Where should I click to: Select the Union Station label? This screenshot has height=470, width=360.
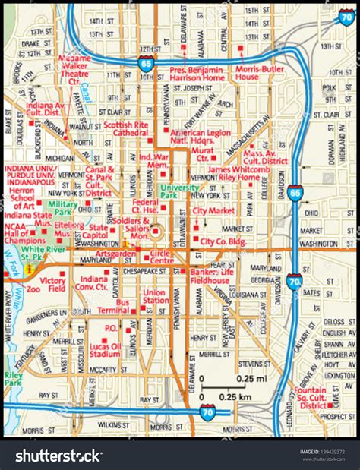[155, 296]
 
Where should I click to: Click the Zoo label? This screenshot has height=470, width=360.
[33, 289]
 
